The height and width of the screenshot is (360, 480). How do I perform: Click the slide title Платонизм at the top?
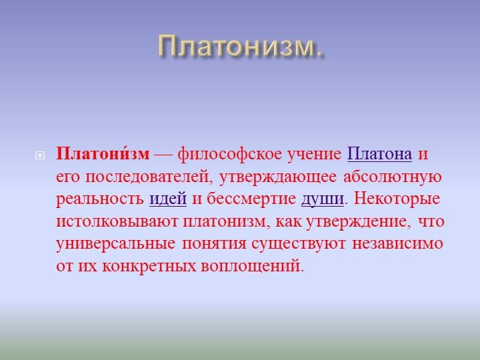(x=241, y=46)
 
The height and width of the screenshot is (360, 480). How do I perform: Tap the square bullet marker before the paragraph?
(x=40, y=155)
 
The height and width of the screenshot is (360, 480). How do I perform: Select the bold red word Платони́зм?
(x=103, y=154)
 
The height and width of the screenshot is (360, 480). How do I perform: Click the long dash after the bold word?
(x=163, y=155)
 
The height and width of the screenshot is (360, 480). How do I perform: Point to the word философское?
(x=230, y=155)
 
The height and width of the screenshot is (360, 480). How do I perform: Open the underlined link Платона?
(x=379, y=154)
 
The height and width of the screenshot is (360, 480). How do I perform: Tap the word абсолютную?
(x=393, y=177)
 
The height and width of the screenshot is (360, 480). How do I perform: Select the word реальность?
(x=100, y=199)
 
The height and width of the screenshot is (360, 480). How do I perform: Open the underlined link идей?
(x=168, y=199)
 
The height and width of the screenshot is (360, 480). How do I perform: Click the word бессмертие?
(x=251, y=199)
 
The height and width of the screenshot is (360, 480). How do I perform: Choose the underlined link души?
(x=323, y=199)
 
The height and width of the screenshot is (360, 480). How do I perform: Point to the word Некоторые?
(x=397, y=199)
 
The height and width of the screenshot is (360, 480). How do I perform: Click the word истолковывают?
(x=117, y=221)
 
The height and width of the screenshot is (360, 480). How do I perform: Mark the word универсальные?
(x=116, y=244)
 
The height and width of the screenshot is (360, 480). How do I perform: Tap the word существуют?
(x=299, y=244)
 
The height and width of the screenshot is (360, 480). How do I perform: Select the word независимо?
(x=397, y=244)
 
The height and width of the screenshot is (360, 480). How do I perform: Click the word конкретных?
(x=149, y=266)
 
